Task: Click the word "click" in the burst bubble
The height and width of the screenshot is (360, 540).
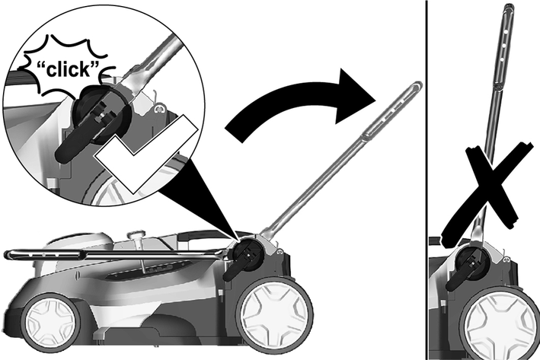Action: pyautogui.click(x=69, y=69)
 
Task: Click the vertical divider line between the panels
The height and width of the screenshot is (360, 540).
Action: pyautogui.click(x=427, y=180)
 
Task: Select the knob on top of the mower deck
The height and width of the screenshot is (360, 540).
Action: pyautogui.click(x=136, y=236)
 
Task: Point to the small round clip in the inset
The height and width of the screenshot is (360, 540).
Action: pyautogui.click(x=159, y=110)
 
